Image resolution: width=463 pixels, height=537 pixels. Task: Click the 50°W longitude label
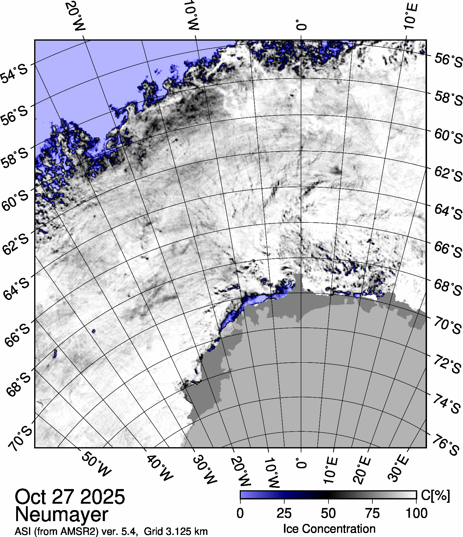tap(96, 463)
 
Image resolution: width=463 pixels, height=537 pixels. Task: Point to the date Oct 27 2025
tap(70, 497)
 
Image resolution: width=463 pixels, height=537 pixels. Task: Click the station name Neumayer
tap(62, 514)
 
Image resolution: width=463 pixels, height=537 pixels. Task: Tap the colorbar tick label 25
tap(284, 513)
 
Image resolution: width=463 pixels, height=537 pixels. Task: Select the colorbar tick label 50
tap(328, 513)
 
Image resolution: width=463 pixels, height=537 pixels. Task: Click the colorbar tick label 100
tap(417, 513)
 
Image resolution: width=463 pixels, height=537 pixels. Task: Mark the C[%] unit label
tap(435, 495)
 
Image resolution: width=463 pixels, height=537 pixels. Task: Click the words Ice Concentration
tap(329, 529)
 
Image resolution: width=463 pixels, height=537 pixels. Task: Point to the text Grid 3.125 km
tap(176, 532)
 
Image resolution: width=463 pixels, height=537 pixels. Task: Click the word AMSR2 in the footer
tap(83, 532)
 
